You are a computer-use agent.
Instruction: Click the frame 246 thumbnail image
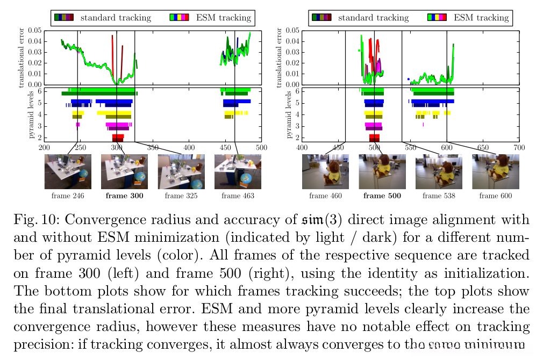pos(68,171)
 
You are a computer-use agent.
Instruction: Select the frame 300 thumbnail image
pos(124,171)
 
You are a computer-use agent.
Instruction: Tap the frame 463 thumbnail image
pos(238,171)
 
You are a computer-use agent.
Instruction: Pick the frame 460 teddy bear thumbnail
pos(325,171)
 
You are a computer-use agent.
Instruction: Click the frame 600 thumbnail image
pos(495,171)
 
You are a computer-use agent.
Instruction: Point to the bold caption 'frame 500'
pos(382,196)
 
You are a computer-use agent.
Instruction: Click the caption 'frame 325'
pos(181,196)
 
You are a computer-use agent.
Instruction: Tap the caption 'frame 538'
pos(439,196)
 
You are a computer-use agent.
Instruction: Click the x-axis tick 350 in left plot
pos(189,147)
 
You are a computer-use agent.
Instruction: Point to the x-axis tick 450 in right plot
pos(338,147)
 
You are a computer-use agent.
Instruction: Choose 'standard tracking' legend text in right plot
pos(373,18)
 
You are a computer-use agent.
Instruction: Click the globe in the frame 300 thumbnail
pos(139,180)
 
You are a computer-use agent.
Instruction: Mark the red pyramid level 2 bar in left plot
pos(118,138)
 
